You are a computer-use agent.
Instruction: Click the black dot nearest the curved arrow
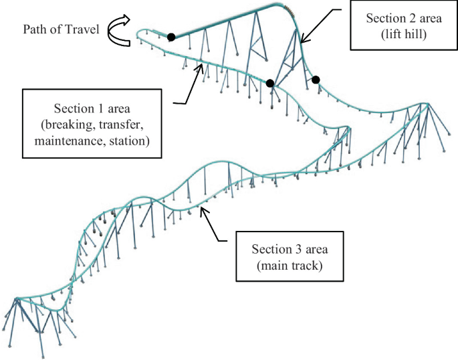coord(171,37)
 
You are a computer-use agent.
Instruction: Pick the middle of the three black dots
coord(270,84)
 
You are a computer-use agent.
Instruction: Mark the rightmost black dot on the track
coord(316,80)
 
